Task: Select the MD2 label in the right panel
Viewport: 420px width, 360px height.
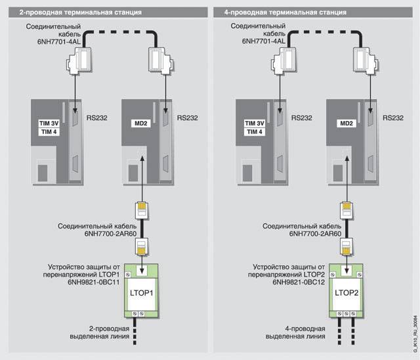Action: (345, 123)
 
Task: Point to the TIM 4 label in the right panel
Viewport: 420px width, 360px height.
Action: (254, 132)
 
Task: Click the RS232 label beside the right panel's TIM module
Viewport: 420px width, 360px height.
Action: (302, 120)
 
